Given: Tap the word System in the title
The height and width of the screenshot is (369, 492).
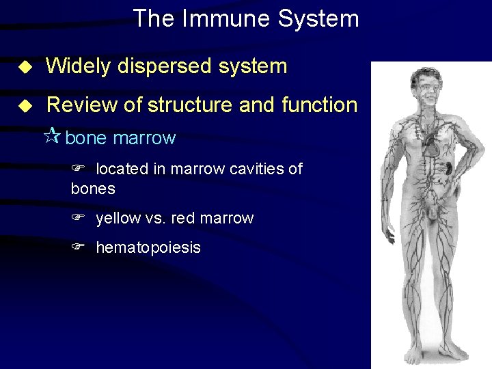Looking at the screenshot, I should pos(319,18).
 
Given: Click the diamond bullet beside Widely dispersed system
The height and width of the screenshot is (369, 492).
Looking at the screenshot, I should pos(25,67).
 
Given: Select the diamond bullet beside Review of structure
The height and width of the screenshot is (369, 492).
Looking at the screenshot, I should pos(25,105).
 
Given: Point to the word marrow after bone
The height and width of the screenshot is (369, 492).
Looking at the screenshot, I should pos(144,138).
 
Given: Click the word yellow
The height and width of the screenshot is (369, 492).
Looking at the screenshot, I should pos(117,219).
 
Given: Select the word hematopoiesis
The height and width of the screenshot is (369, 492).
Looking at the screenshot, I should pos(148,247).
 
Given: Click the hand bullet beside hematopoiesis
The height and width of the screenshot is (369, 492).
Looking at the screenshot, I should pos(78,247).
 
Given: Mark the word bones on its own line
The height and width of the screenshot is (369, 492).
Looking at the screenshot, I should pos(93,188).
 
